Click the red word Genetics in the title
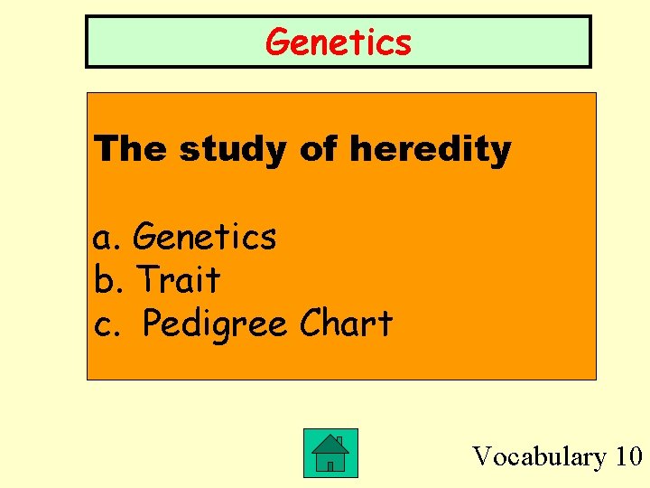click(339, 42)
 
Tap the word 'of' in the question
click(318, 149)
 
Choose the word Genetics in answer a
click(204, 237)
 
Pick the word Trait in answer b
click(179, 280)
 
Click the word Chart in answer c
click(347, 323)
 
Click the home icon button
click(330, 453)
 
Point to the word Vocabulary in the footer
click(540, 456)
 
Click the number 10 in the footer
click(627, 456)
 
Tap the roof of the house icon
click(330, 443)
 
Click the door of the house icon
click(330, 465)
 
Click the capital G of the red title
click(278, 42)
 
